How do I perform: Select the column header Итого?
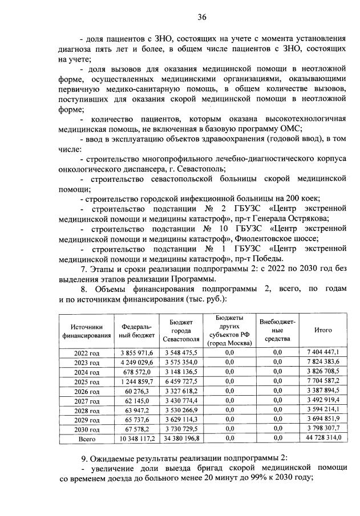(x=323, y=330)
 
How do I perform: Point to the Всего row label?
(x=87, y=439)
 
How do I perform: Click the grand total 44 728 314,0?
(x=323, y=439)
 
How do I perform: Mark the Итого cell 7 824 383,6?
(x=323, y=363)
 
